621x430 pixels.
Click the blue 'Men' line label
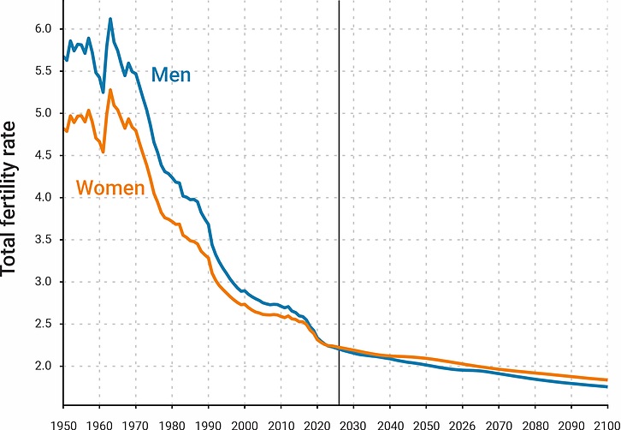click(x=171, y=75)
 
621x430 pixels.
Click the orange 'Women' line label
click(x=109, y=187)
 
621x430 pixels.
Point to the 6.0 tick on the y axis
click(x=43, y=29)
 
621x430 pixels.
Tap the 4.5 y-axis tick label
click(x=43, y=155)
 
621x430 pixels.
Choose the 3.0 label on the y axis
click(x=43, y=282)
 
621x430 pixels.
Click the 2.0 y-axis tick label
click(x=43, y=366)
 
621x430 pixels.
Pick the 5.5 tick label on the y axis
click(x=43, y=71)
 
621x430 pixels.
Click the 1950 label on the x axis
click(x=63, y=423)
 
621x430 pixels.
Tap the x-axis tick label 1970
click(x=136, y=423)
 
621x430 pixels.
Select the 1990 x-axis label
click(x=209, y=423)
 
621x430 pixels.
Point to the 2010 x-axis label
click(x=281, y=423)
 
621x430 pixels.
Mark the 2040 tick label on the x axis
click(x=390, y=423)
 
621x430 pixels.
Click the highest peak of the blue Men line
click(x=110, y=19)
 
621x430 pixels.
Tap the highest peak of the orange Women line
click(x=110, y=90)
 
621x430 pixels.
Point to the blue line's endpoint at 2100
click(x=607, y=387)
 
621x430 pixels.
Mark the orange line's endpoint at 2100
click(x=607, y=380)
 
